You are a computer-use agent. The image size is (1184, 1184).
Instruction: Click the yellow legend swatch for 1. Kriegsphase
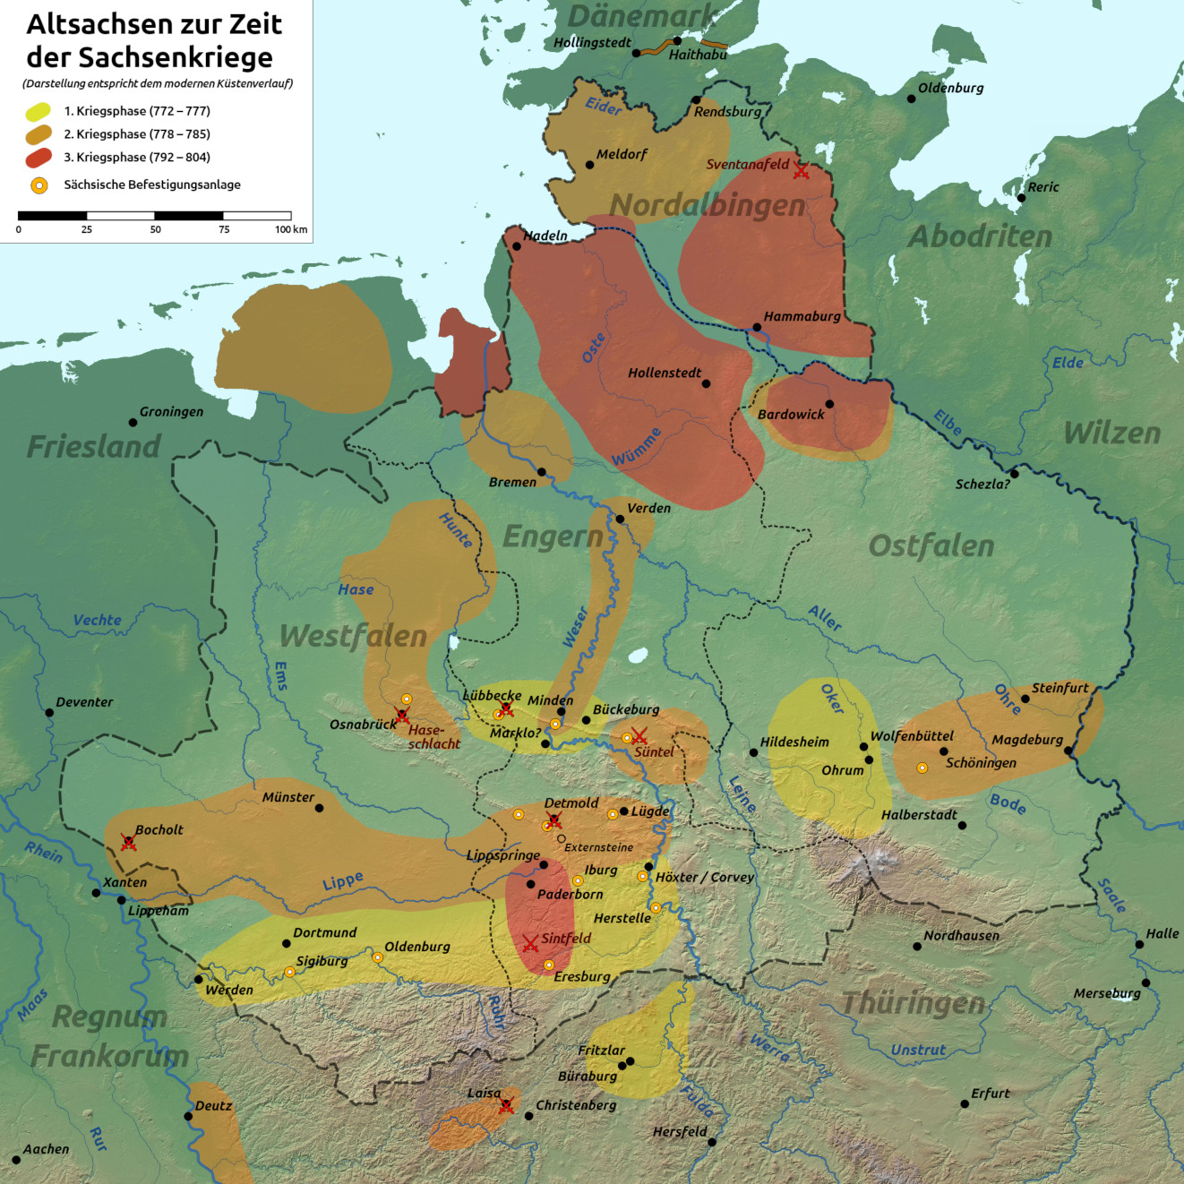point(38,112)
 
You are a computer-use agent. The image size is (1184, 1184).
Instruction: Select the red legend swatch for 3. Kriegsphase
point(38,158)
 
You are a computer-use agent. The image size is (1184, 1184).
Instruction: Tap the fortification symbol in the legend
point(39,185)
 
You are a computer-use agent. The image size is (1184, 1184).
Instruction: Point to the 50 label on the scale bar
point(155,230)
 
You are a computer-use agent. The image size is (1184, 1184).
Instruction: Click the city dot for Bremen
point(541,472)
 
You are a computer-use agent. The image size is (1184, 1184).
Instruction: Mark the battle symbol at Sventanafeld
point(801,171)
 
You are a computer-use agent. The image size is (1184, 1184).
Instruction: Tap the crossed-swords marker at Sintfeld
point(530,943)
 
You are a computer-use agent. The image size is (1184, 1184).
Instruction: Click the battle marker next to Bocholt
point(129,843)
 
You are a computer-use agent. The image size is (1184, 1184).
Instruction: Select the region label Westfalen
point(353,636)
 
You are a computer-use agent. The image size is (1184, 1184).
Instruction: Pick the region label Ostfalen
point(931,545)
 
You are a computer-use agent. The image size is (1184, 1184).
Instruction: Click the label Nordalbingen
point(708,205)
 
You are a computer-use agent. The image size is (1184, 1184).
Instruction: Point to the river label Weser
point(575,627)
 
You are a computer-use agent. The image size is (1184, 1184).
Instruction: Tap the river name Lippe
point(342,882)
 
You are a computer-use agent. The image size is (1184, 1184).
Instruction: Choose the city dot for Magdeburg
point(1068,751)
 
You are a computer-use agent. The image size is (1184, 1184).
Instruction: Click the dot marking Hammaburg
point(757,328)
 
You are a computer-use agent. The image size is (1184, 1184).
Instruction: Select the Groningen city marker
point(133,422)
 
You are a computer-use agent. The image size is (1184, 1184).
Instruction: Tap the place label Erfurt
point(990,1094)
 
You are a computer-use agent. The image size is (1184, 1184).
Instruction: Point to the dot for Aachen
point(16,1160)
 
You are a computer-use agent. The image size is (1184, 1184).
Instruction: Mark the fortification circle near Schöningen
point(922,768)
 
